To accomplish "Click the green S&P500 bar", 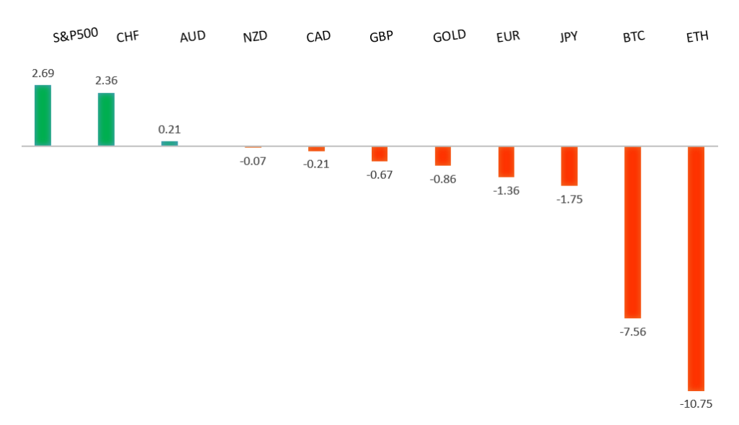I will pos(43,115).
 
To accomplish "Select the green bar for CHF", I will pos(106,119).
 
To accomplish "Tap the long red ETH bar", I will pos(696,268).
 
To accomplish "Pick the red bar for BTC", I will pos(632,232).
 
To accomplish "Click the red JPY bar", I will pos(569,166).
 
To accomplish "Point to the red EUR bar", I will pos(506,162).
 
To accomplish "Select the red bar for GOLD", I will pos(442,156).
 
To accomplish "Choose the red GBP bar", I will pos(380,154).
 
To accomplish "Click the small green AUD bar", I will pos(170,143).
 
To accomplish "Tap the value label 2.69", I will pos(43,73).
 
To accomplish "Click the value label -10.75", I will pos(696,404).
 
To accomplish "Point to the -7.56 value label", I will pos(632,332).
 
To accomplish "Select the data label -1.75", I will pos(569,199).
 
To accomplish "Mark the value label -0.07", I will pos(253,160).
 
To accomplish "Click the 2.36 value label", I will pos(106,80).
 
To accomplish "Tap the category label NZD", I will pos(255,37).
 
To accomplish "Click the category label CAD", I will pos(318,36).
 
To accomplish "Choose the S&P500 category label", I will pos(75,33).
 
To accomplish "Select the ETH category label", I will pos(697,36).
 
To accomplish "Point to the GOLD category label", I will pos(449,35).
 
